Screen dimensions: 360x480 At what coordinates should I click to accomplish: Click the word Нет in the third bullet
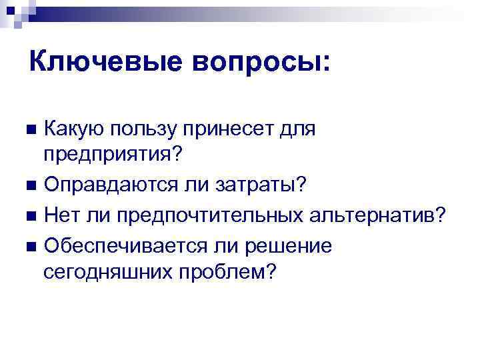(x=64, y=215)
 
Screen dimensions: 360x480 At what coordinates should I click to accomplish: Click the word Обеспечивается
(x=119, y=245)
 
